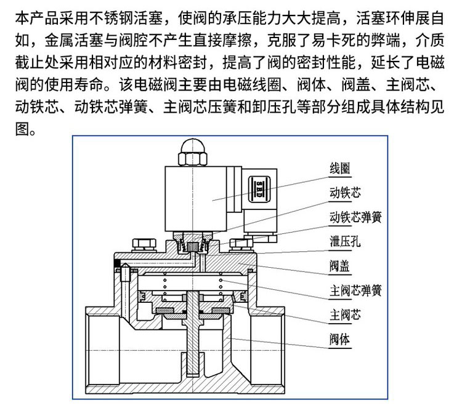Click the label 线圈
pos(340,169)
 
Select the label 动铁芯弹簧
pos(356,217)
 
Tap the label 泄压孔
pos(345,241)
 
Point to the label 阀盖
pos(340,265)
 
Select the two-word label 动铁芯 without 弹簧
pos(345,193)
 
